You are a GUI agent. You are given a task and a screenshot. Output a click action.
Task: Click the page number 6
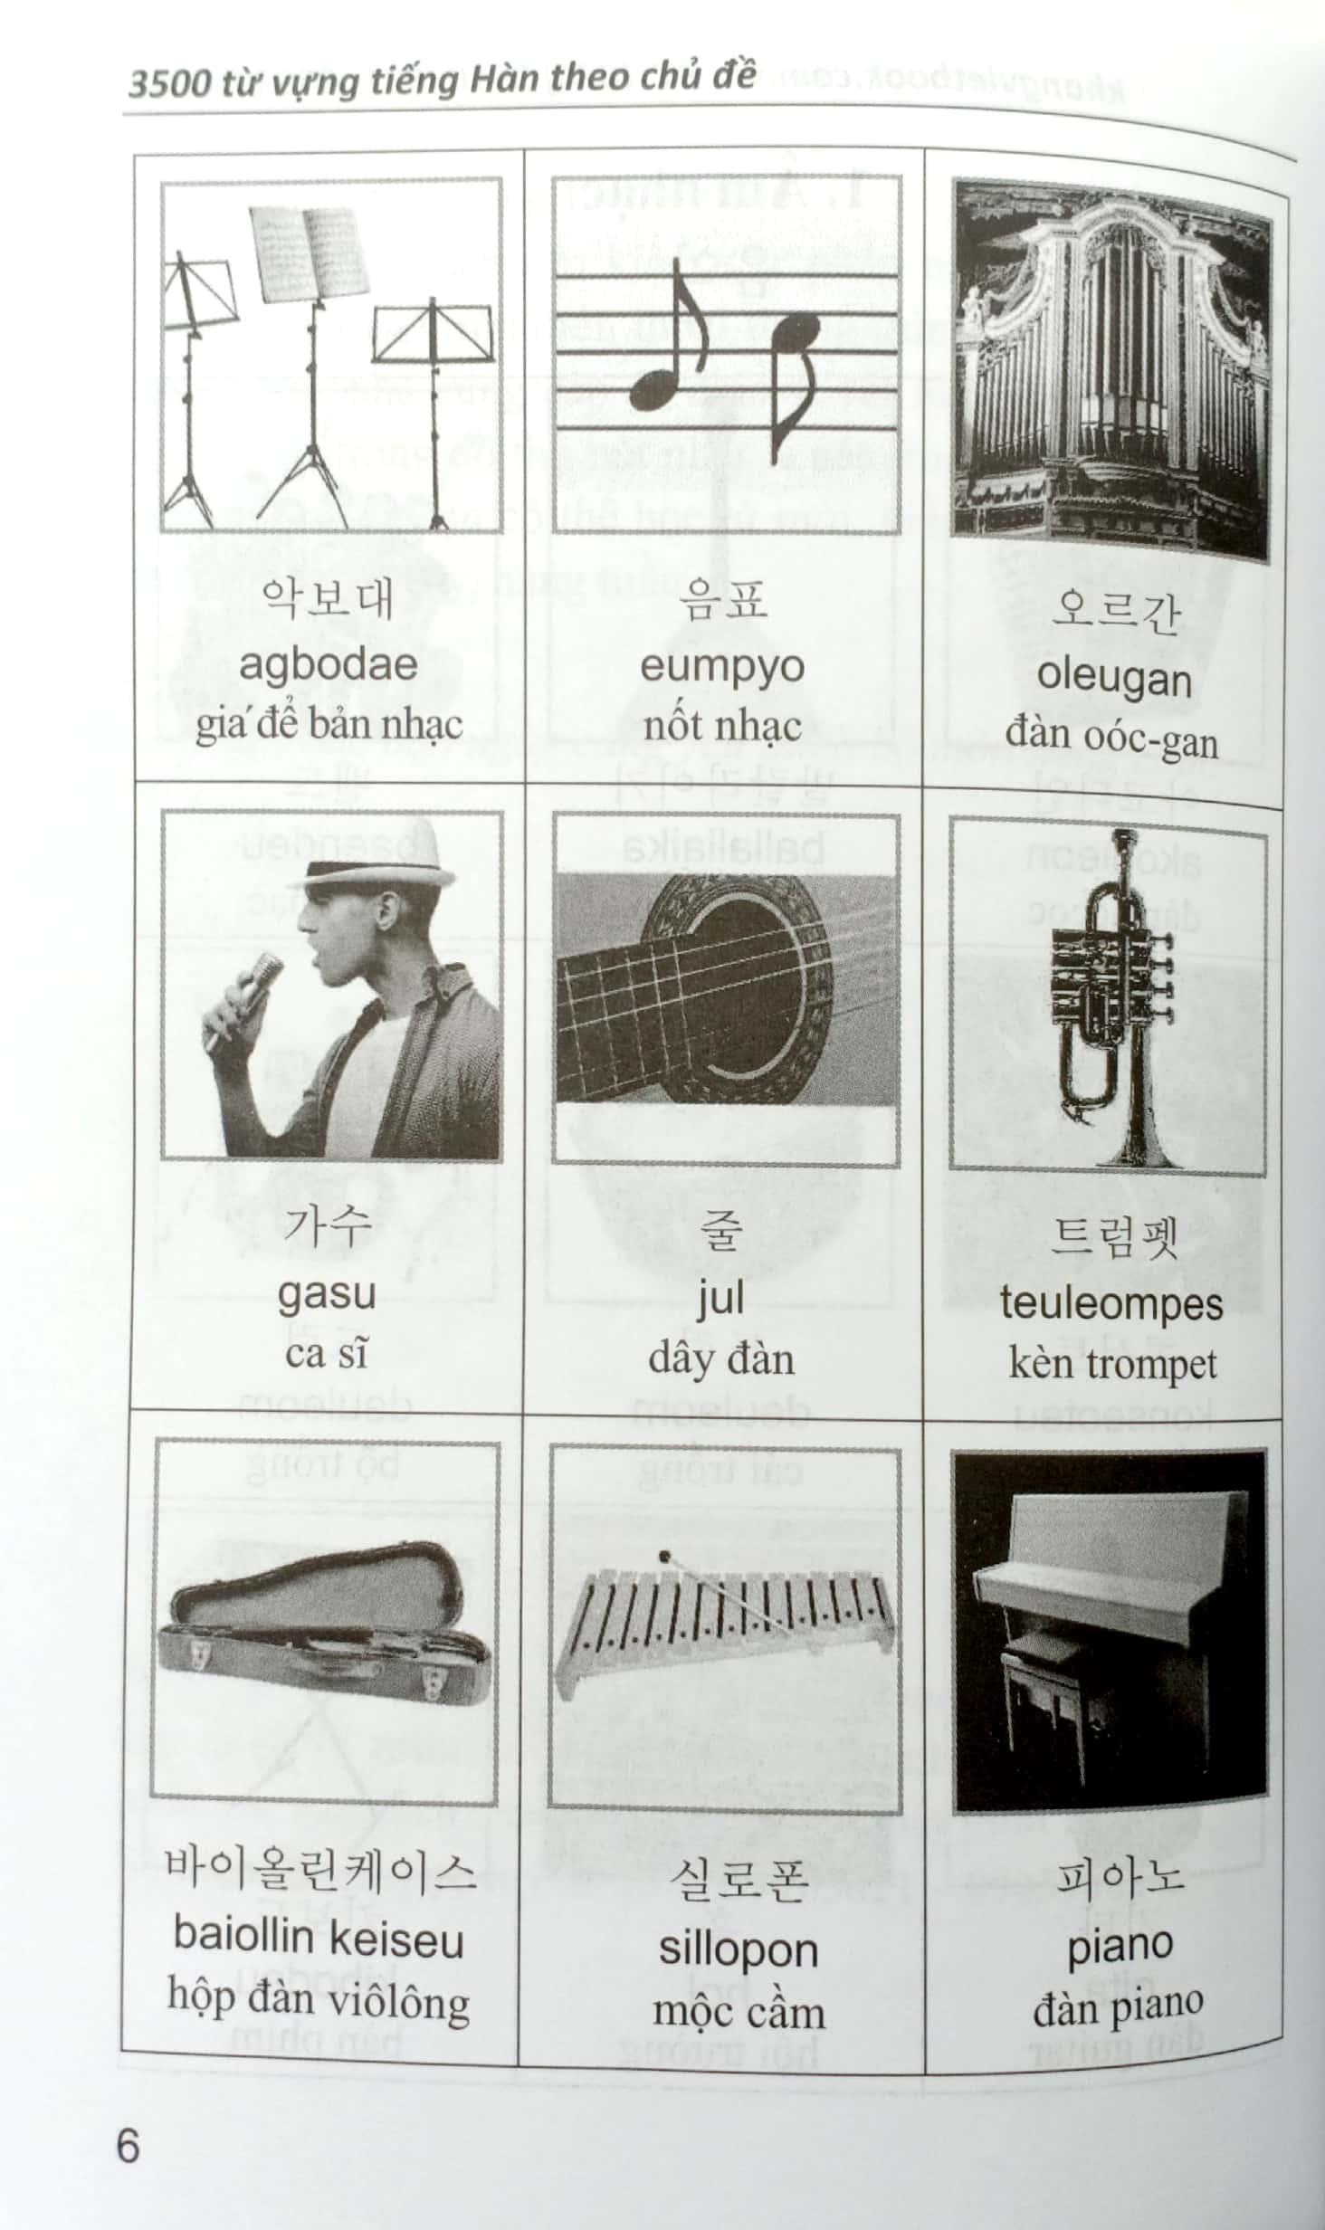(128, 2145)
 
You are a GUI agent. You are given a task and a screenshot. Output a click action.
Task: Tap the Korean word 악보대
(327, 599)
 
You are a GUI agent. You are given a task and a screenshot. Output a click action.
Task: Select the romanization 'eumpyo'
(721, 667)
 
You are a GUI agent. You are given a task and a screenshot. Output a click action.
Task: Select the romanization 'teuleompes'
(1111, 1304)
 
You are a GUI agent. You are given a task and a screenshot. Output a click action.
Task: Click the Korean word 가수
(327, 1225)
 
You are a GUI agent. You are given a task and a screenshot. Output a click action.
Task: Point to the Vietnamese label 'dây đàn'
(721, 1360)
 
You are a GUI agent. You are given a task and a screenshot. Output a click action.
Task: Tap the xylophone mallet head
(667, 1558)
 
